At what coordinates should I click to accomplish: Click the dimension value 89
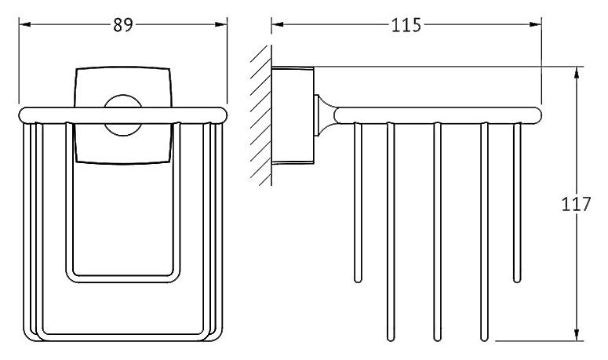123,25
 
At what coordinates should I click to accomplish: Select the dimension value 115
406,25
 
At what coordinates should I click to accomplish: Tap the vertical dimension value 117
576,204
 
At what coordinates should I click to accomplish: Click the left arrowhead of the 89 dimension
24,24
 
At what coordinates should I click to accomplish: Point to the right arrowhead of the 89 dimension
221,24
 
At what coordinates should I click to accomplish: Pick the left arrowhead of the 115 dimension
277,24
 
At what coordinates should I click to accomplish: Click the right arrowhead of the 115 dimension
536,24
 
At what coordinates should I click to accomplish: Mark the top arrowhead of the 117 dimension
577,72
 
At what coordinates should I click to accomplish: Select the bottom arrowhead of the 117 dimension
577,335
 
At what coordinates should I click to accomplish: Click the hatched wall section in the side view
261,115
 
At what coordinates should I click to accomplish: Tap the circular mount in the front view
123,115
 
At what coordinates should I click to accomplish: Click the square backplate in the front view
123,115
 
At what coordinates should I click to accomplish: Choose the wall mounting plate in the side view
293,115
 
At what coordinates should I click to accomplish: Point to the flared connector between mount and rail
326,115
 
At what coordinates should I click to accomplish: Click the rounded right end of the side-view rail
537,115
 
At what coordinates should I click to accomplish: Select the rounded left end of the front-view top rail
24,115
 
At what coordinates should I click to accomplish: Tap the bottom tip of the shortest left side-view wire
358,280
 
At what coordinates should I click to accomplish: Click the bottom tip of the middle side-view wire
438,339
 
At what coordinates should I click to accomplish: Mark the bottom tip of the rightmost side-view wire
517,280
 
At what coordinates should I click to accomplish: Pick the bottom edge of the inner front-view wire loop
123,279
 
